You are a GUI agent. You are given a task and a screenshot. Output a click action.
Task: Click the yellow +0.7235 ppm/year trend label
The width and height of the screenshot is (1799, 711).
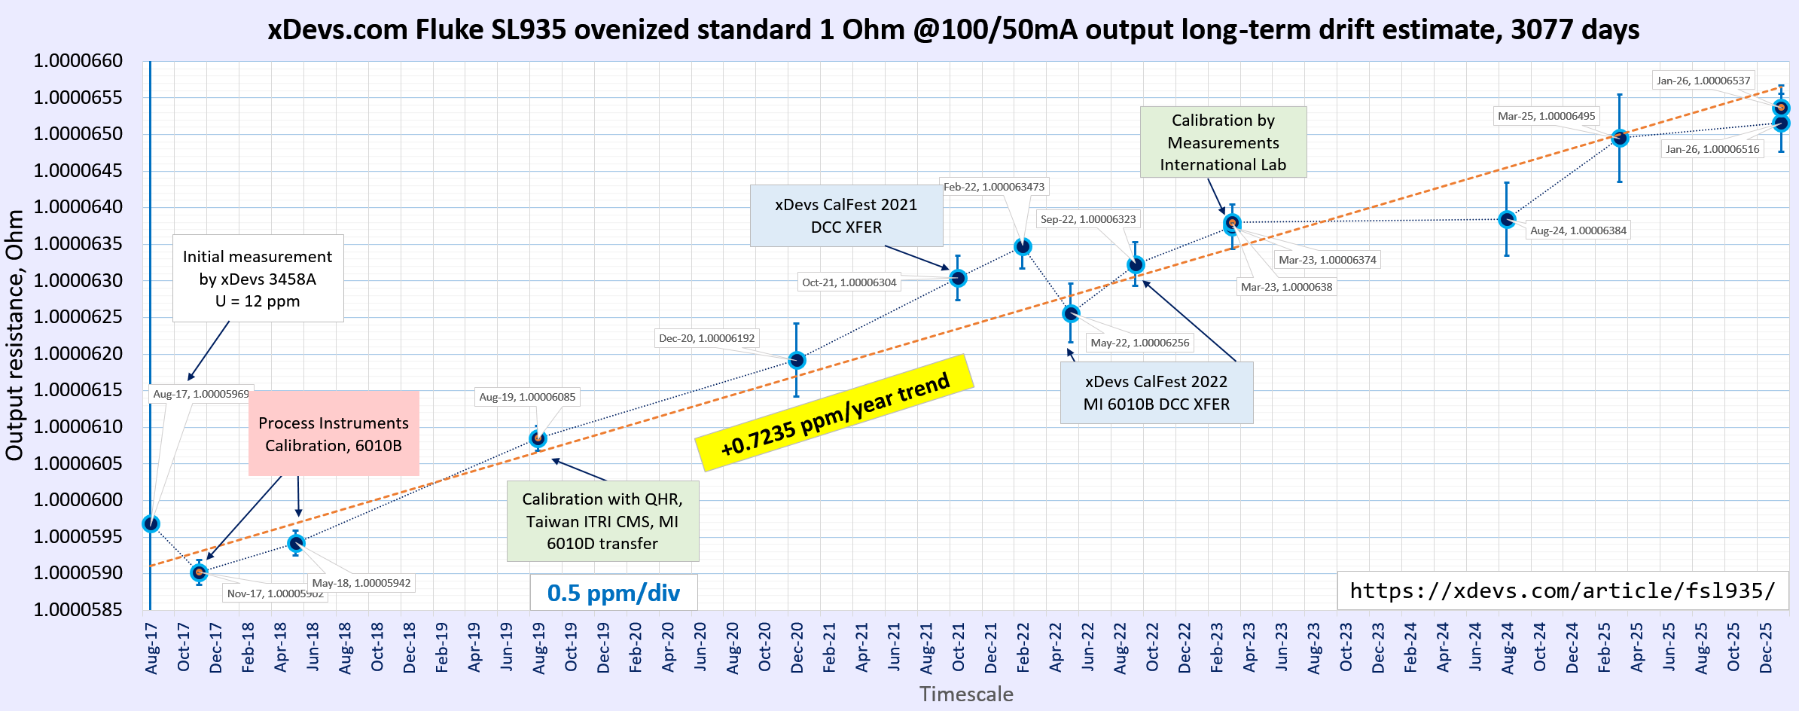tap(834, 413)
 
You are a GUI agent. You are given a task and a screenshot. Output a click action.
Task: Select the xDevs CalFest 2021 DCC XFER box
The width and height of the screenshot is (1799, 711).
tap(846, 216)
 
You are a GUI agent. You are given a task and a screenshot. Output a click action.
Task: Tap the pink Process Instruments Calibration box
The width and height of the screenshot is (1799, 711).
tap(334, 434)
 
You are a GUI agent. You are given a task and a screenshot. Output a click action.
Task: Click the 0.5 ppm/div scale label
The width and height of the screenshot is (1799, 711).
tap(613, 593)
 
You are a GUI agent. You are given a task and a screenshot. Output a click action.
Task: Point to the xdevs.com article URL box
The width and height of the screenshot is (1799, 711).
tap(1562, 590)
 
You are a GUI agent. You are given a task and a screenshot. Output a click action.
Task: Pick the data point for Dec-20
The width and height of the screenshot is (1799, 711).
tap(797, 360)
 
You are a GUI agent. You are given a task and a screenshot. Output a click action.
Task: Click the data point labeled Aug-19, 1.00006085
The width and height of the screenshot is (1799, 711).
tap(538, 438)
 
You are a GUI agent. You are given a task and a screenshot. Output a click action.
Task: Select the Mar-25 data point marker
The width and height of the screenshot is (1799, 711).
tap(1620, 138)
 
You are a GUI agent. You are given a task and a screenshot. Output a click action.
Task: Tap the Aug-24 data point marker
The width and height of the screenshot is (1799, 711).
tap(1507, 219)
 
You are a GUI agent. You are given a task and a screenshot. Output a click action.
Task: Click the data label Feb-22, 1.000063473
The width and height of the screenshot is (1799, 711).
tap(993, 187)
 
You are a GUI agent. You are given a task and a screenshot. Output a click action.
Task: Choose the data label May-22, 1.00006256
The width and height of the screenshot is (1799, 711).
tap(1139, 343)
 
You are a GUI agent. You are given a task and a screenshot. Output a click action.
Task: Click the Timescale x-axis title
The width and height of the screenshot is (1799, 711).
tap(966, 694)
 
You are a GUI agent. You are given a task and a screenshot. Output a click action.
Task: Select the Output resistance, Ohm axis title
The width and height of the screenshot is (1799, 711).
tap(14, 335)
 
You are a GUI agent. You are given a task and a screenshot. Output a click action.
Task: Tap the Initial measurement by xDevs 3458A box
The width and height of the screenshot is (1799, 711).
tap(258, 279)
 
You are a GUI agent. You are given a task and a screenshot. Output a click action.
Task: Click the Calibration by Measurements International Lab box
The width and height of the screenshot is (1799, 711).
tap(1223, 142)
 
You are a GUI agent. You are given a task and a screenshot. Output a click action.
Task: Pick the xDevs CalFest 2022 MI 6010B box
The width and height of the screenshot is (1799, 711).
tap(1156, 392)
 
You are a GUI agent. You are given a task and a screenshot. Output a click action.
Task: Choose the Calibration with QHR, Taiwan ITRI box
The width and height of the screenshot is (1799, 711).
tap(602, 521)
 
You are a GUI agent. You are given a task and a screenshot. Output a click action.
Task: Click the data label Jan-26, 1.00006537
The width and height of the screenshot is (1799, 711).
tap(1703, 81)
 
